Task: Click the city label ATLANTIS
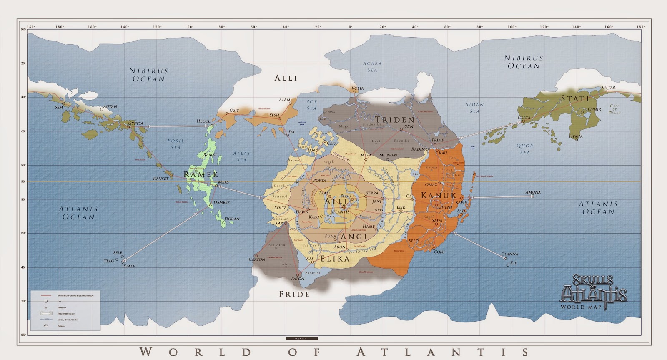coord(341,212)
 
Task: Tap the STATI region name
coord(575,99)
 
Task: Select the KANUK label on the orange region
coord(439,195)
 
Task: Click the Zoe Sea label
coord(311,105)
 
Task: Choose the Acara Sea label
coord(372,67)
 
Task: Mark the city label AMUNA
coord(533,192)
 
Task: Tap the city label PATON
coord(298,279)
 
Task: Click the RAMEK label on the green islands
coord(201,174)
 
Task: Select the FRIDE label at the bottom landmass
coord(294,294)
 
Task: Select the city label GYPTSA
coord(135,123)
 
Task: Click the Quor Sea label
coord(525,149)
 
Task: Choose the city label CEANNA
coord(509,254)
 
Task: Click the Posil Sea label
coord(176,144)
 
